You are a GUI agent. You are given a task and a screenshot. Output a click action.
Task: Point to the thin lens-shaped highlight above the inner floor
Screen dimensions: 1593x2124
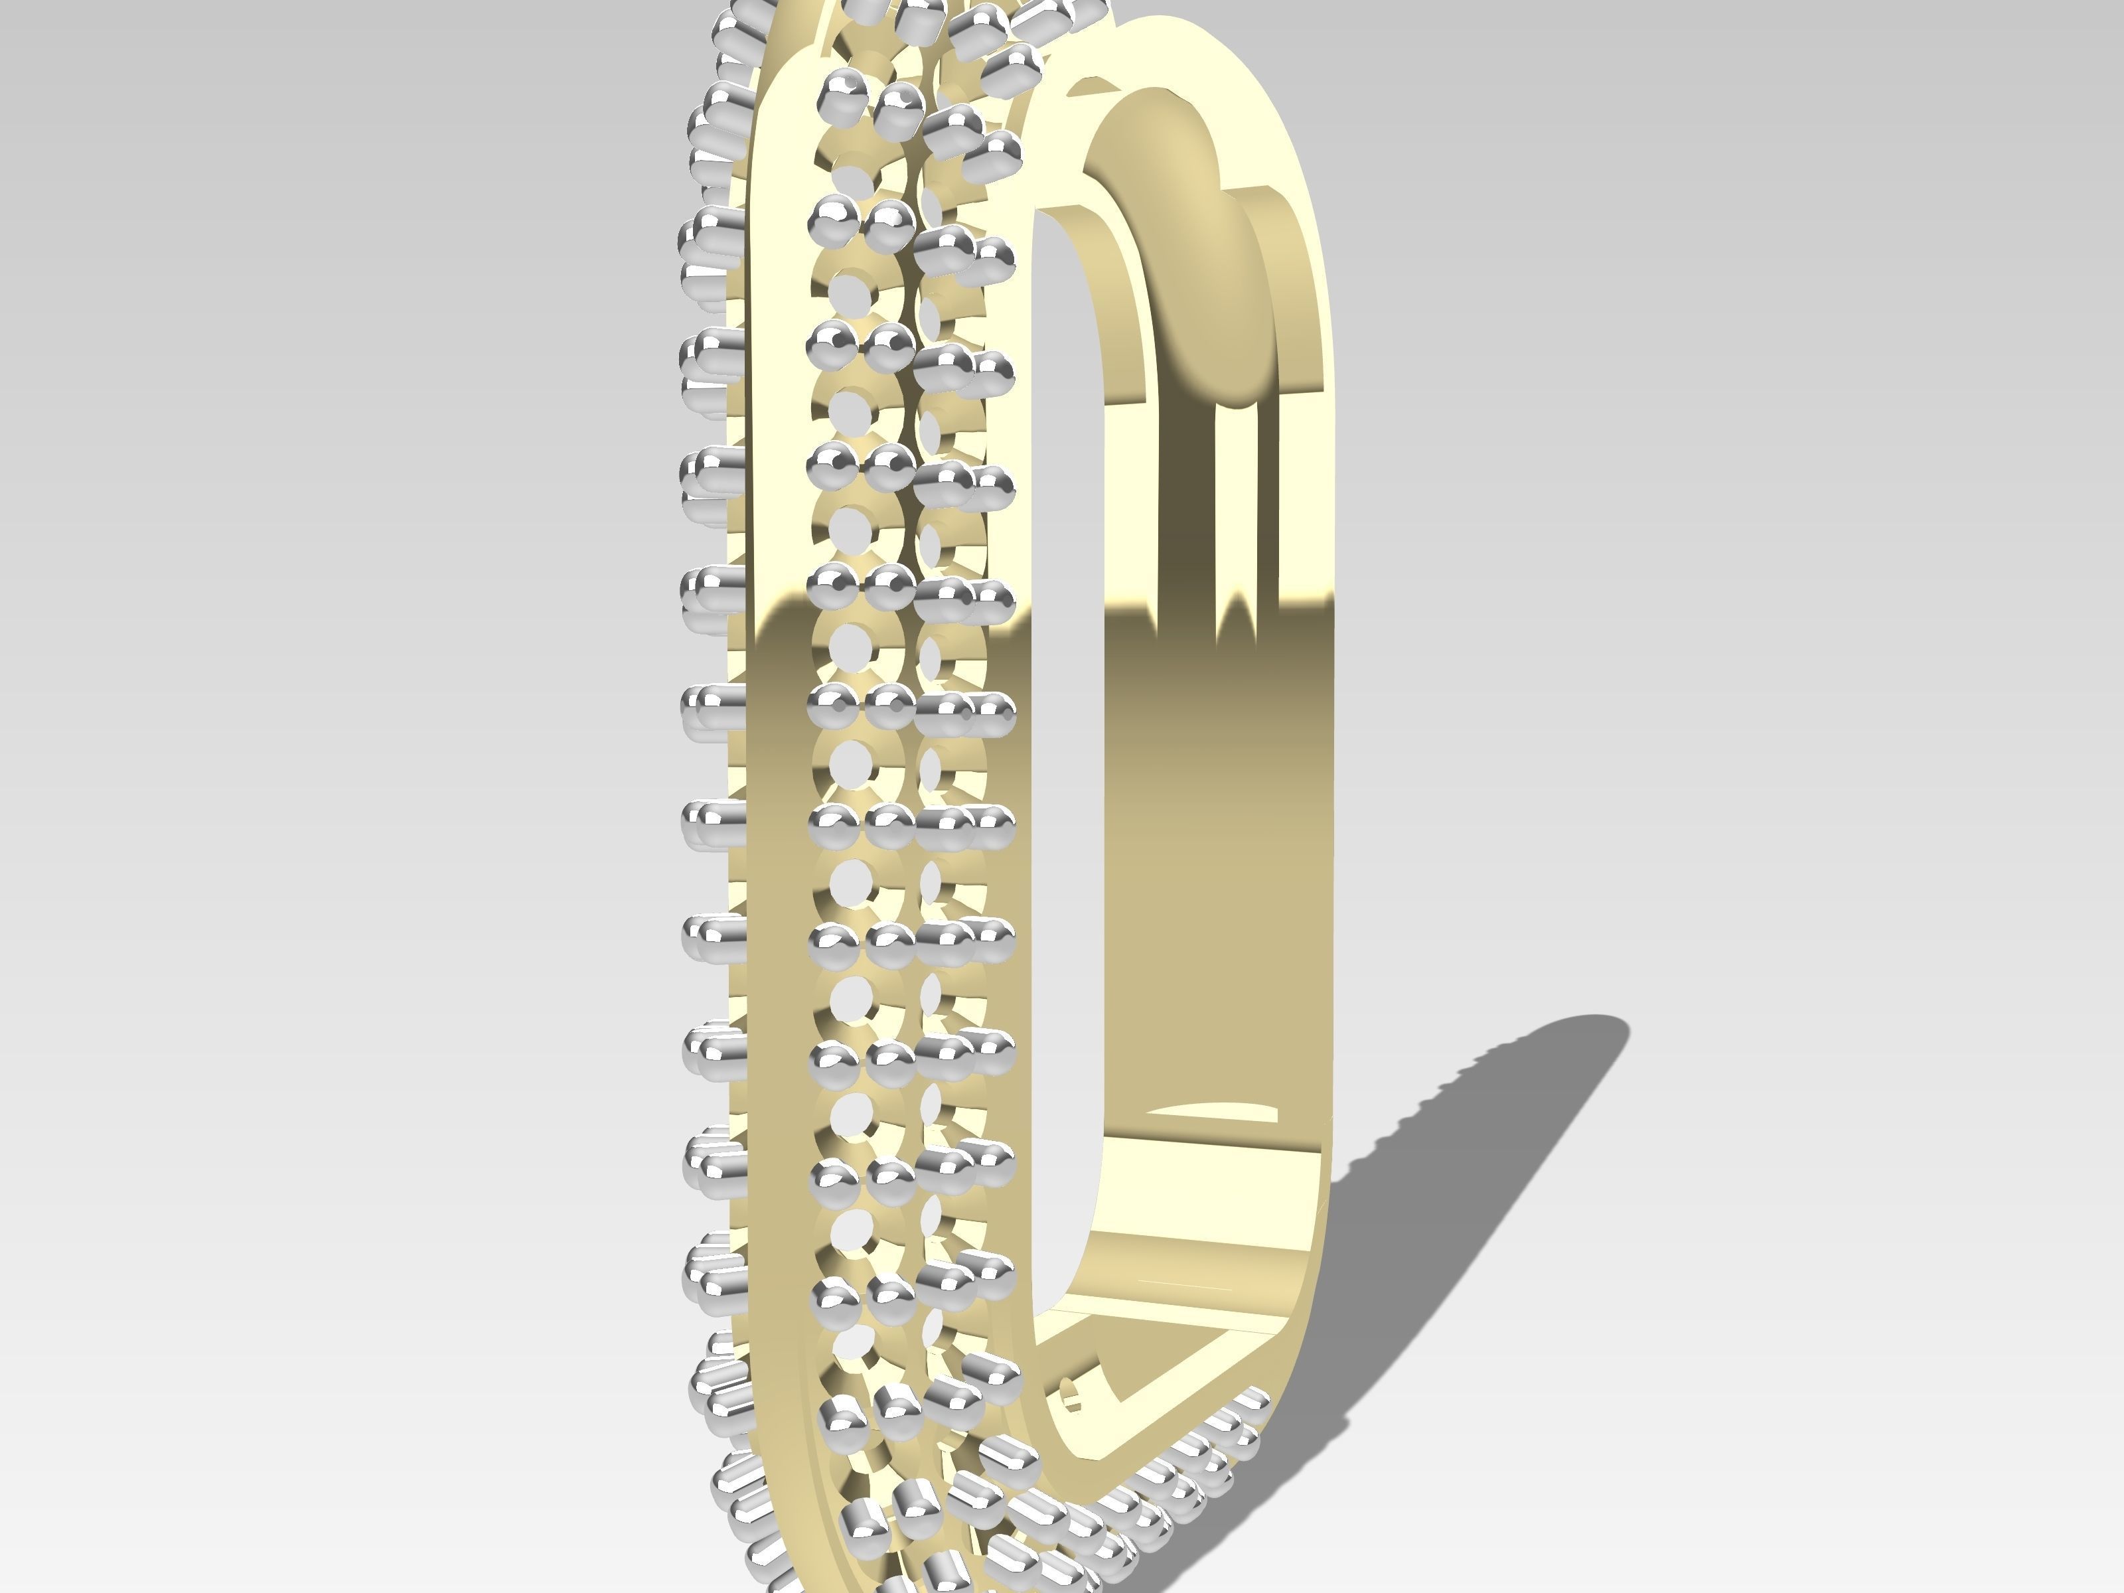coord(1212,1112)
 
